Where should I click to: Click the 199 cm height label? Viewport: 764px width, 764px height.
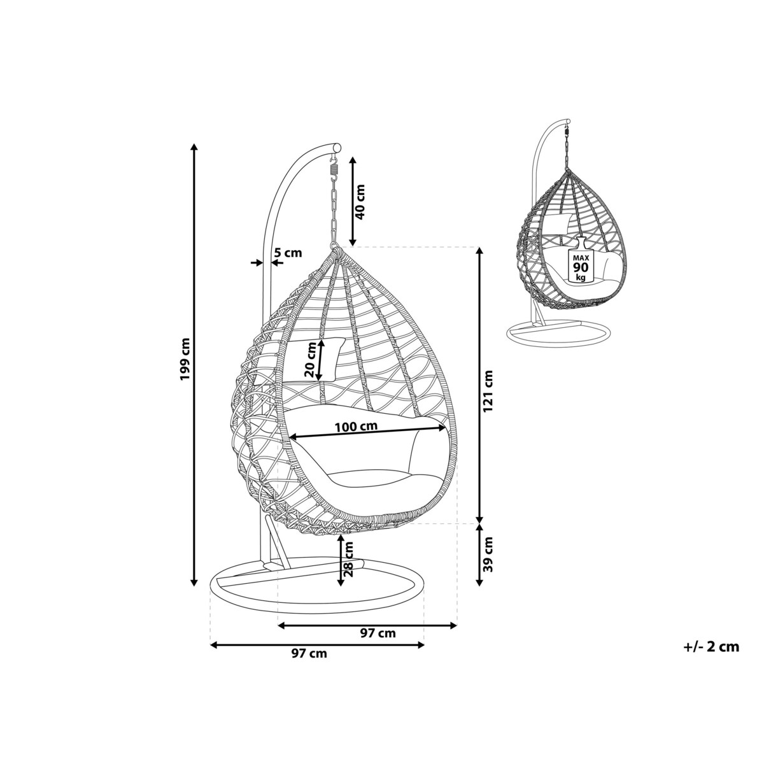(185, 360)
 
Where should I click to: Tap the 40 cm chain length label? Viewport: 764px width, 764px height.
(360, 202)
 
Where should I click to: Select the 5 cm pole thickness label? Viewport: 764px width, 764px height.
(288, 252)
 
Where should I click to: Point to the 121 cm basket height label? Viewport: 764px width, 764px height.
(488, 391)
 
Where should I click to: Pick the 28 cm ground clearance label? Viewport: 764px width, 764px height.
(349, 558)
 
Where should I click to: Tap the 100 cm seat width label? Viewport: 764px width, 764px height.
(356, 427)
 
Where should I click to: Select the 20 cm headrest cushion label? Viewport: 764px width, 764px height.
(311, 360)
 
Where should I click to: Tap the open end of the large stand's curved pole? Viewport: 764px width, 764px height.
(337, 146)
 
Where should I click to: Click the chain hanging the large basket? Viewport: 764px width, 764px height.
(334, 214)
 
